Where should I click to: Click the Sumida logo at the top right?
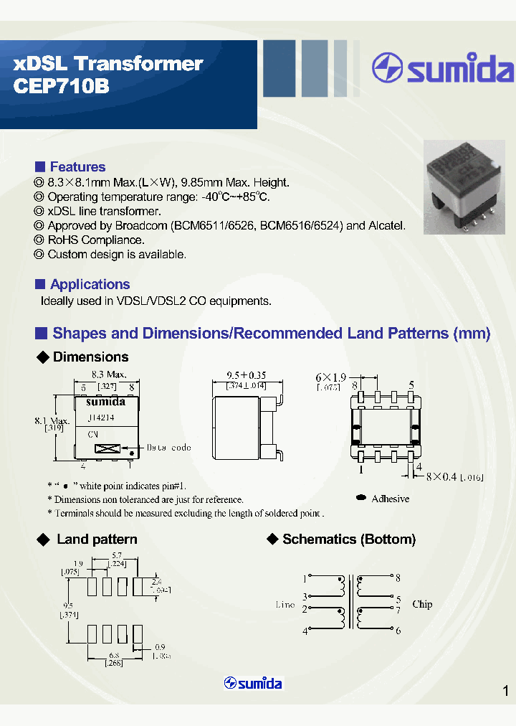tap(443, 69)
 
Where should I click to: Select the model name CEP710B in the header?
tap(61, 85)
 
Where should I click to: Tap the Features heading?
tap(77, 167)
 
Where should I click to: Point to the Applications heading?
tap(90, 284)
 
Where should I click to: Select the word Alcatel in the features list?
tap(387, 225)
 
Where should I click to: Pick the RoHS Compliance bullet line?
tap(95, 240)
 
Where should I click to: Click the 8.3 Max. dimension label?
tap(109, 374)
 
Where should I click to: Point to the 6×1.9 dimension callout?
tap(330, 377)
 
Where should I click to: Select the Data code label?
tap(169, 448)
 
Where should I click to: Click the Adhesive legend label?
tap(391, 499)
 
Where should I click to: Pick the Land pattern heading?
tap(97, 539)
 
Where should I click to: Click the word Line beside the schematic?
tap(285, 605)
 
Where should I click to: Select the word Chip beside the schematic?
tap(422, 604)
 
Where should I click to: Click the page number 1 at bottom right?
tap(505, 691)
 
